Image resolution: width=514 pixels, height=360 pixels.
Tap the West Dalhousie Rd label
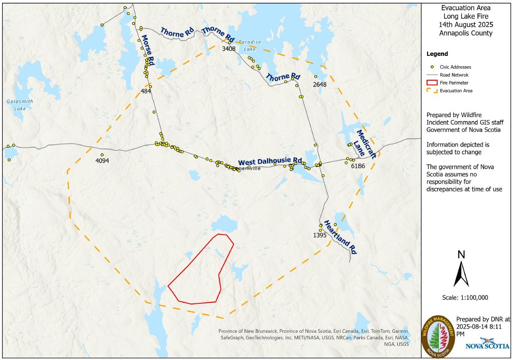270,161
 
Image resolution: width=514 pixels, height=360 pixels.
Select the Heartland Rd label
340,237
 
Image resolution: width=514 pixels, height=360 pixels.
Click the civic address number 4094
102,161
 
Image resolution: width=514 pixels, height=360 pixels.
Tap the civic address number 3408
228,49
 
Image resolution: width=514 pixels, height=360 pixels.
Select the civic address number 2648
319,84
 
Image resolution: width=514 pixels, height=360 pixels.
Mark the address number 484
146,91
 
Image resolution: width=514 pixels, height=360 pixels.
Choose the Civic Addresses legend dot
432,67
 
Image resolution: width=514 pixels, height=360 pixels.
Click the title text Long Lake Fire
466,17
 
